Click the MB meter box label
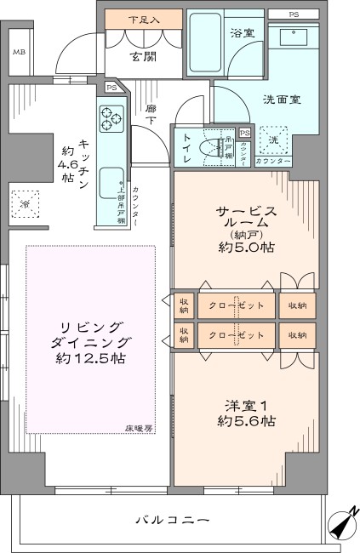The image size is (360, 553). coord(19,53)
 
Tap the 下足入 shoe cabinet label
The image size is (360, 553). coord(142,19)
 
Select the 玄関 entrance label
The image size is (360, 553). coord(142,57)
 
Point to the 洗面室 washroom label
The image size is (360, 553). coord(282,99)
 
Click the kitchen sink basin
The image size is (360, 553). coord(111,185)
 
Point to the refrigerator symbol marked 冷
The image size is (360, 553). coord(25,204)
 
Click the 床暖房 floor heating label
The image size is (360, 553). coord(139,427)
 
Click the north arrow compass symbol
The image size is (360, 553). coord(344,525)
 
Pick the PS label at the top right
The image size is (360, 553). coord(294,14)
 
